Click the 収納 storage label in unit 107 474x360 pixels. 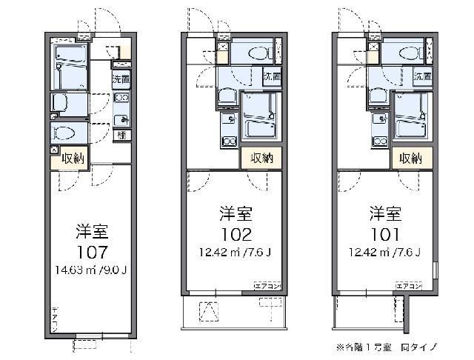73,158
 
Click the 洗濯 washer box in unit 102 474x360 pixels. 271,76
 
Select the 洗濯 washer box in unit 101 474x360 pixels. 422,76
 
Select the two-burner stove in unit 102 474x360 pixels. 228,141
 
